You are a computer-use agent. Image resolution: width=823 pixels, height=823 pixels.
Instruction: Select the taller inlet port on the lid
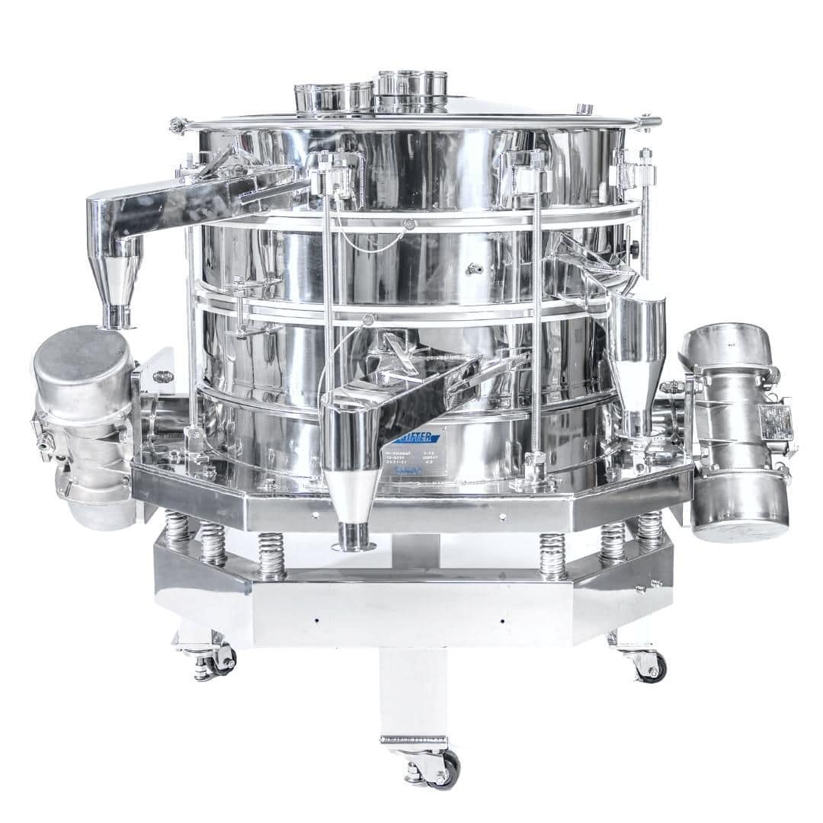click(x=412, y=90)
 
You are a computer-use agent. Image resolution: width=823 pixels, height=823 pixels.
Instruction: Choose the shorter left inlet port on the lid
click(x=333, y=97)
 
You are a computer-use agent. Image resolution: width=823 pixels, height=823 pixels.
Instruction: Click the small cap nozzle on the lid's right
click(x=584, y=109)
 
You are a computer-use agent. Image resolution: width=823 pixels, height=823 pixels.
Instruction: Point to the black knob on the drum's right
click(x=635, y=248)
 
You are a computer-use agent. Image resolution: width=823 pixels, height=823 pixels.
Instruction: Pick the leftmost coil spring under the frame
click(x=178, y=529)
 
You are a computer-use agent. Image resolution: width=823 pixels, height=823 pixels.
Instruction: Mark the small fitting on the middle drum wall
click(x=474, y=268)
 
